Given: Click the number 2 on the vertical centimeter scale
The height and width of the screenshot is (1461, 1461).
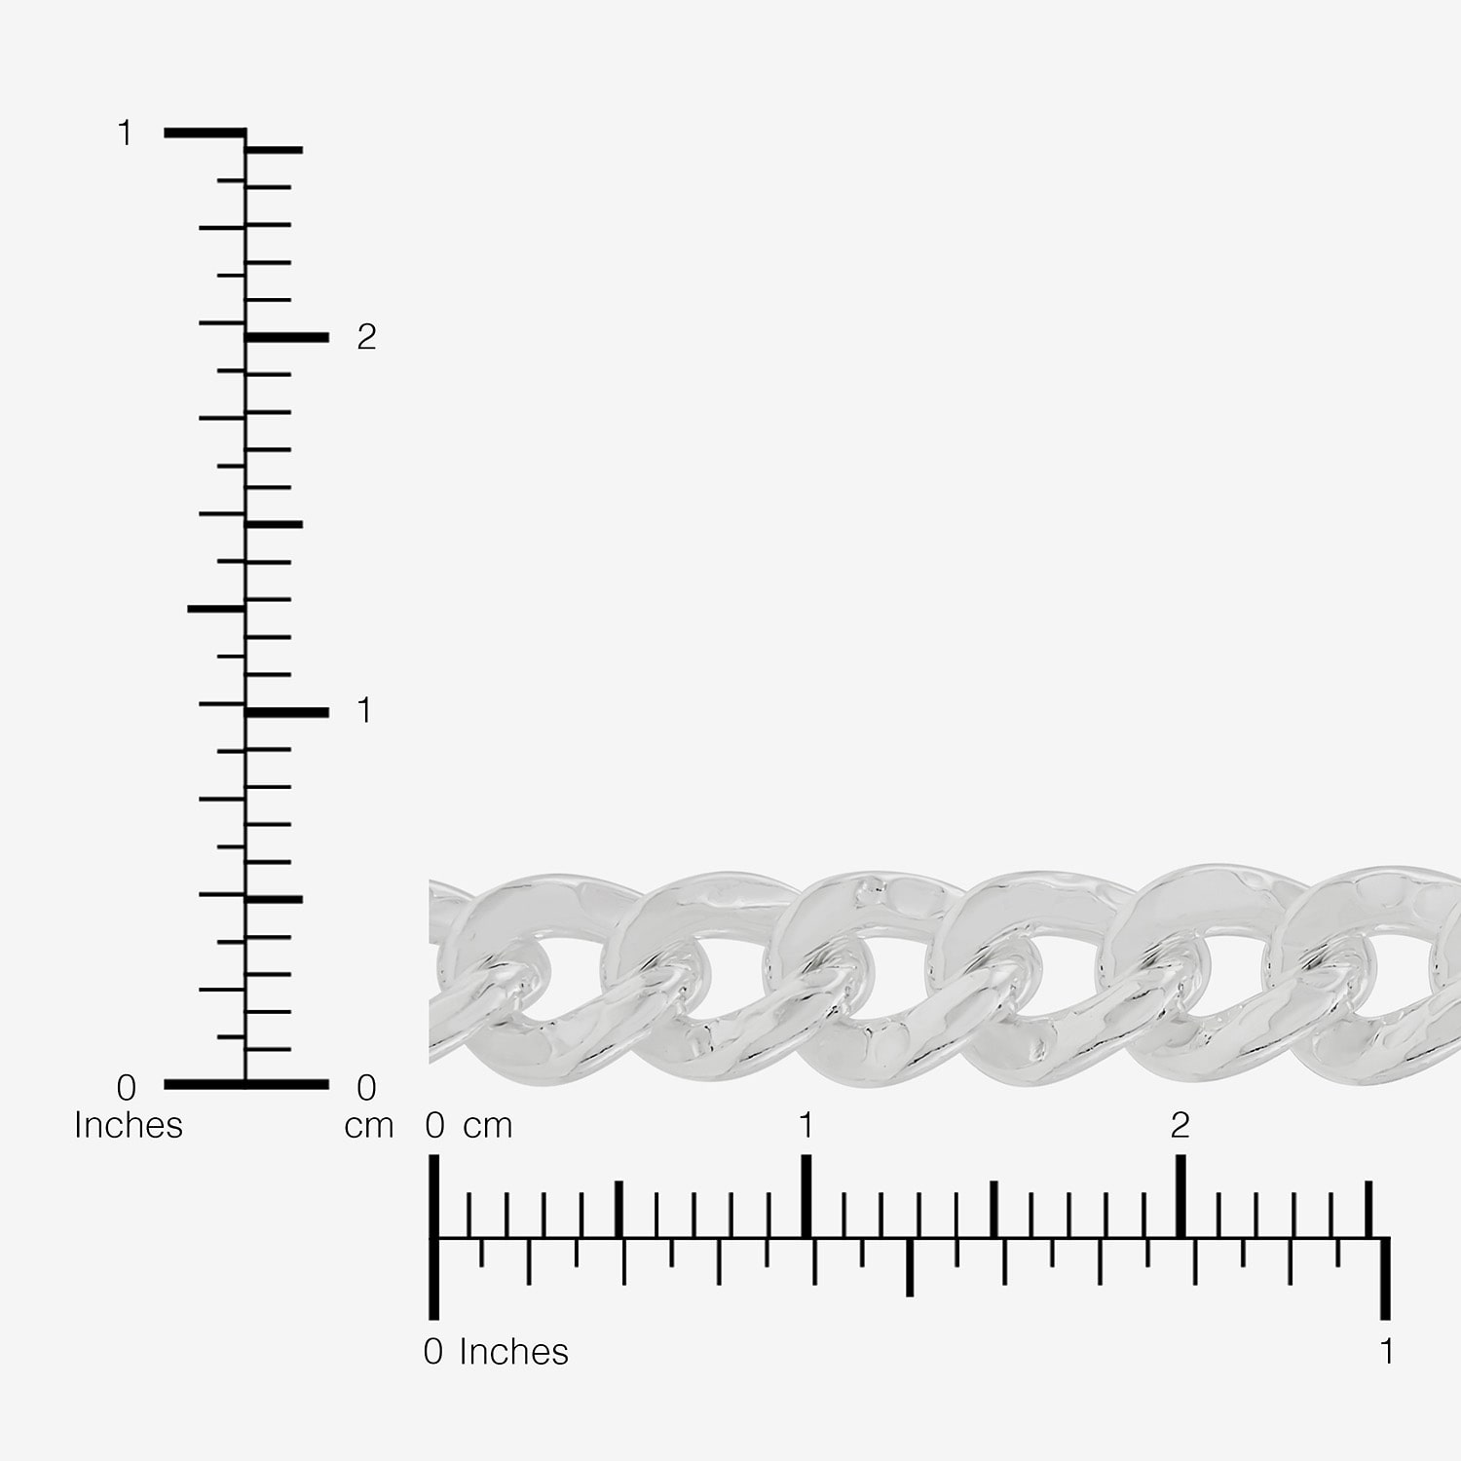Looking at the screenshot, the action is [x=366, y=337].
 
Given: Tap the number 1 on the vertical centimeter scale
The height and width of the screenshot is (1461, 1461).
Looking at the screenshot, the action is [x=364, y=711].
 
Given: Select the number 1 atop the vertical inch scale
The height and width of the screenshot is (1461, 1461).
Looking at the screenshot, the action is [x=124, y=132].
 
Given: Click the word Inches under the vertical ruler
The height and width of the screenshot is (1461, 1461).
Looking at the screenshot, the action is [x=129, y=1125].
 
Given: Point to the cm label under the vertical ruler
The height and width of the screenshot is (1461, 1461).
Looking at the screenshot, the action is [x=369, y=1126].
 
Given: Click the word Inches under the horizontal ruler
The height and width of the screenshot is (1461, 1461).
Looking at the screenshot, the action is [x=513, y=1351].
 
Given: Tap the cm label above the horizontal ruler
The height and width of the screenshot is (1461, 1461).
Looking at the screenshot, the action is [x=487, y=1126].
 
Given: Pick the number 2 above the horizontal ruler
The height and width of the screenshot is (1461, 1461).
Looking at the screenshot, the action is [x=1180, y=1125].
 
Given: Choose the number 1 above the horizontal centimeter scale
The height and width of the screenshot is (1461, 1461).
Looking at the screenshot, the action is [x=805, y=1125].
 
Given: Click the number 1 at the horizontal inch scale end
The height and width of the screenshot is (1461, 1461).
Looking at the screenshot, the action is [x=1386, y=1351].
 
